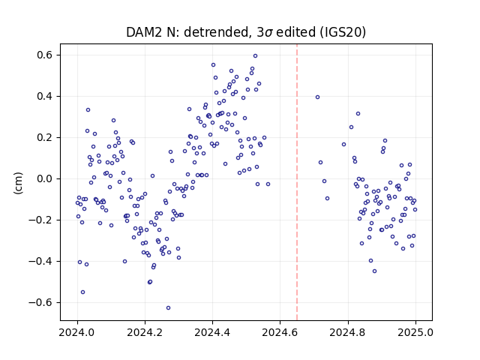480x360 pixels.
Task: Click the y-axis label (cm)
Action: (x=18, y=183)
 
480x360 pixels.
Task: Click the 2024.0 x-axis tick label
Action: (x=77, y=332)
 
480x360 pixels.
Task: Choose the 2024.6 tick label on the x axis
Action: (x=280, y=332)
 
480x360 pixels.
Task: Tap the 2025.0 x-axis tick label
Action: (x=415, y=332)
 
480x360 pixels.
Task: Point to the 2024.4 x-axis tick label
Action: (x=212, y=332)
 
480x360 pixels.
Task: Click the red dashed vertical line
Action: (x=297, y=182)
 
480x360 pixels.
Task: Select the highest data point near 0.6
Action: (x=255, y=56)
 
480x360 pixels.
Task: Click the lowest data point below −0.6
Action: (x=168, y=308)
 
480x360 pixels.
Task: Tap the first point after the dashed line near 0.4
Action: (x=318, y=97)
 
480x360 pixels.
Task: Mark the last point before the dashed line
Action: (x=268, y=184)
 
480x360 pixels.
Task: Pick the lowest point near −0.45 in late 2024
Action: (x=374, y=271)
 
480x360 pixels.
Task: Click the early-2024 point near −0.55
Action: (x=82, y=292)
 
